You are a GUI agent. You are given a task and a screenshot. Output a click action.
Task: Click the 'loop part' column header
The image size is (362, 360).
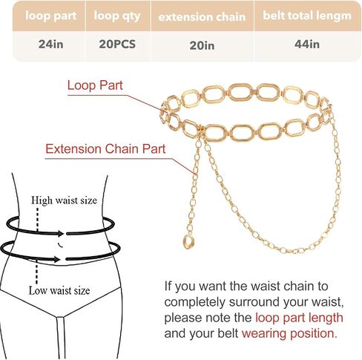(x=50, y=16)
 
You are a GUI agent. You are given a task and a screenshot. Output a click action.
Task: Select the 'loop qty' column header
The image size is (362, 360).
(x=117, y=16)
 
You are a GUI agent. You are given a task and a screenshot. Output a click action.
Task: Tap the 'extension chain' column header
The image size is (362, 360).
(x=202, y=17)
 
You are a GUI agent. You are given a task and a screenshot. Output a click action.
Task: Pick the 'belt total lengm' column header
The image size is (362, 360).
(x=307, y=16)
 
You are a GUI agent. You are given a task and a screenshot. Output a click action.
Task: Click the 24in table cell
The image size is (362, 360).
(x=50, y=45)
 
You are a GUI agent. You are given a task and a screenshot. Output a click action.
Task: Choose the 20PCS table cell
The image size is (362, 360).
(x=117, y=45)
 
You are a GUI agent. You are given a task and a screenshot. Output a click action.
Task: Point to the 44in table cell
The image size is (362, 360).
(x=307, y=45)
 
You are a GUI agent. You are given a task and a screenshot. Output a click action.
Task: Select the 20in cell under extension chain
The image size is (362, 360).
(x=202, y=45)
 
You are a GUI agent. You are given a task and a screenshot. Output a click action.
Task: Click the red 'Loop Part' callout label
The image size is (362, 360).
(x=95, y=85)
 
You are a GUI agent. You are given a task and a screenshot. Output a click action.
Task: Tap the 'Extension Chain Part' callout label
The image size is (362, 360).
(x=105, y=149)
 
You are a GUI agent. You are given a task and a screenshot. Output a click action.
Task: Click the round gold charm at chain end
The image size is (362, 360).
(x=188, y=242)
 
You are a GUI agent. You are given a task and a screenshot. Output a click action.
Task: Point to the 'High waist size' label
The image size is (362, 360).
(x=64, y=200)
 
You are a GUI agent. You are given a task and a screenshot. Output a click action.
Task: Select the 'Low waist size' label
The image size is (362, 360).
(x=59, y=290)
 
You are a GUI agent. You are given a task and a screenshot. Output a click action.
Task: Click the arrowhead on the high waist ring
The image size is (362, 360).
(x=60, y=233)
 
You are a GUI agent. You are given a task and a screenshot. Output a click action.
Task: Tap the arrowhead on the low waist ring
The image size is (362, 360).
(x=56, y=259)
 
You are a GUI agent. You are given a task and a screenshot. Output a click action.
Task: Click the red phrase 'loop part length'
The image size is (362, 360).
(x=299, y=318)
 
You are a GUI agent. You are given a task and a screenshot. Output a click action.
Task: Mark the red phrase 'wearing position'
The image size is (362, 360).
(x=288, y=333)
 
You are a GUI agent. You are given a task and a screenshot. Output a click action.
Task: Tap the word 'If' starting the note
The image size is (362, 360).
(x=168, y=287)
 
